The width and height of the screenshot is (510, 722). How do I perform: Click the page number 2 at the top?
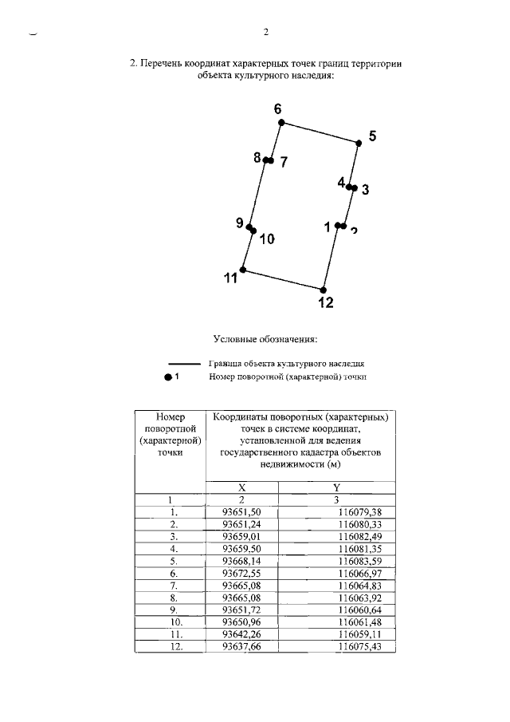(266, 33)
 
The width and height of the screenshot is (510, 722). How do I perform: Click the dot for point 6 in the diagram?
(280, 123)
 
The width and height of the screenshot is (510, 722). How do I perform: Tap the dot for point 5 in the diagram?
(359, 143)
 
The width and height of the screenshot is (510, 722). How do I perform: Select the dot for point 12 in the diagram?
(323, 290)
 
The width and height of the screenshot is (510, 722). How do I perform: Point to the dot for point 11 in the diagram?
(243, 270)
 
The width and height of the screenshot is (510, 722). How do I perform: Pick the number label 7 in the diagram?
(283, 162)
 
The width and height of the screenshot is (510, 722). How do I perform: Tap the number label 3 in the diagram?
(365, 190)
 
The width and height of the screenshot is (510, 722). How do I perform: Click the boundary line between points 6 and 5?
(320, 132)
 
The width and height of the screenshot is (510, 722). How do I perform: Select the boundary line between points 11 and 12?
(283, 280)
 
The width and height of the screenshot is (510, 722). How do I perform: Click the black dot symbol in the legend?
(168, 377)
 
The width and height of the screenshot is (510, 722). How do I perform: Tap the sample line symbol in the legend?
(183, 362)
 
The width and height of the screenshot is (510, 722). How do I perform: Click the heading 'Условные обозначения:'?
(265, 338)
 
